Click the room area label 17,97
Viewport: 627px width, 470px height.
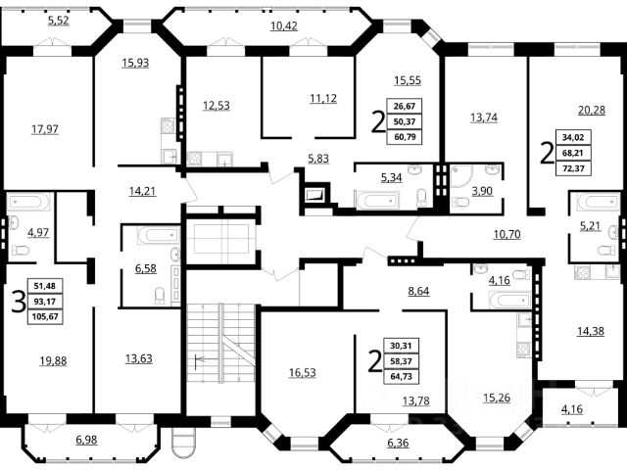click(45, 129)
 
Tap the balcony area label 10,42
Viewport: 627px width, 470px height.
click(283, 26)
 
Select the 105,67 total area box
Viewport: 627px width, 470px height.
click(46, 316)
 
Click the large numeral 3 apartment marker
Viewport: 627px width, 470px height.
click(18, 302)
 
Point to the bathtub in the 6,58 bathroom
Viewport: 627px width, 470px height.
click(158, 235)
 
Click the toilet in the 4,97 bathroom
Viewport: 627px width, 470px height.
click(21, 251)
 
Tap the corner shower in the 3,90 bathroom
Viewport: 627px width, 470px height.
click(461, 177)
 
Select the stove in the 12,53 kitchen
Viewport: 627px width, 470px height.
click(195, 159)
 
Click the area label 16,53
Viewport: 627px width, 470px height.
click(303, 372)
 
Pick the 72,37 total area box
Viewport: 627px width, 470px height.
click(573, 168)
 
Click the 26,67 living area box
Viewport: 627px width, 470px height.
click(405, 107)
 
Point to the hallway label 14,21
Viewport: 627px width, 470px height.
click(142, 191)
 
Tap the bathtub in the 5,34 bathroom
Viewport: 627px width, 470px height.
click(376, 200)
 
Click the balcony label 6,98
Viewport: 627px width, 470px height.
click(86, 440)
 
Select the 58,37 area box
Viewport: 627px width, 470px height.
click(401, 361)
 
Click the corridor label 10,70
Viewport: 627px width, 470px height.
click(507, 234)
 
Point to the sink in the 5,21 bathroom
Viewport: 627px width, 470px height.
click(613, 232)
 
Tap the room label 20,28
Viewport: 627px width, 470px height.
click(592, 110)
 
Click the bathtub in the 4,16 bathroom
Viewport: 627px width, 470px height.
click(509, 301)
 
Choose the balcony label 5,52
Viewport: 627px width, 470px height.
click(59, 20)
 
